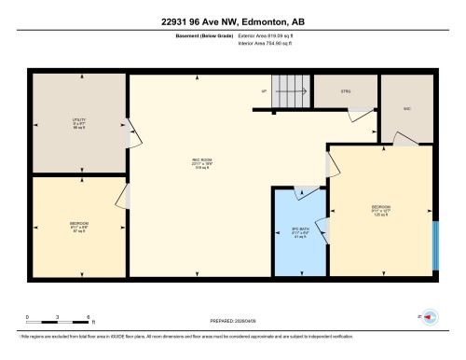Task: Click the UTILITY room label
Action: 79,122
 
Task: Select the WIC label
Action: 406,107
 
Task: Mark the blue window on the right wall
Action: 436,244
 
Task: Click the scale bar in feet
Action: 57,319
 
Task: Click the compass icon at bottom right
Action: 430,319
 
